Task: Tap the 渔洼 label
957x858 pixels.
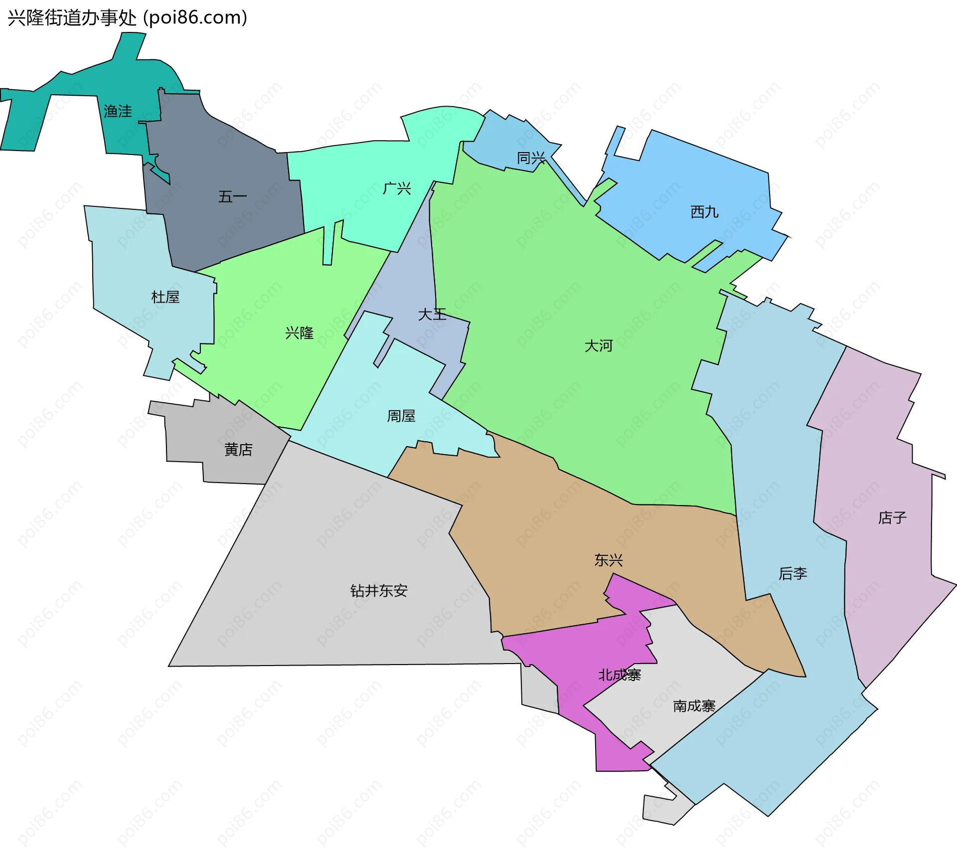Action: coord(118,111)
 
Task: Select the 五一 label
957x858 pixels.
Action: coord(232,197)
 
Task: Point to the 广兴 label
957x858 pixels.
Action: coord(397,188)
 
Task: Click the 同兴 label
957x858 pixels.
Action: coord(531,158)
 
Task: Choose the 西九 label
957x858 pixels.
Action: coord(704,212)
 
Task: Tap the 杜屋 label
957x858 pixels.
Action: coord(165,297)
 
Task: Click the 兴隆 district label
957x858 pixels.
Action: coord(299,333)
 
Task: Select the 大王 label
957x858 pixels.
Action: coord(432,314)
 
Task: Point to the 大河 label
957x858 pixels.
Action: coord(598,345)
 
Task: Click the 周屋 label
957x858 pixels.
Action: coord(401,416)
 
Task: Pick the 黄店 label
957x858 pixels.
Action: coord(238,450)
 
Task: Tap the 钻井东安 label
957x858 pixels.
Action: coord(379,591)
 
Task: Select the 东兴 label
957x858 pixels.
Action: coord(609,560)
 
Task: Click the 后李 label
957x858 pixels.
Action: coord(793,573)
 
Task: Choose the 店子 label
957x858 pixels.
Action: coord(892,517)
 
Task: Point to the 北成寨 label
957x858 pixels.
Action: coord(620,675)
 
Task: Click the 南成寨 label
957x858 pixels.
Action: coord(694,706)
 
